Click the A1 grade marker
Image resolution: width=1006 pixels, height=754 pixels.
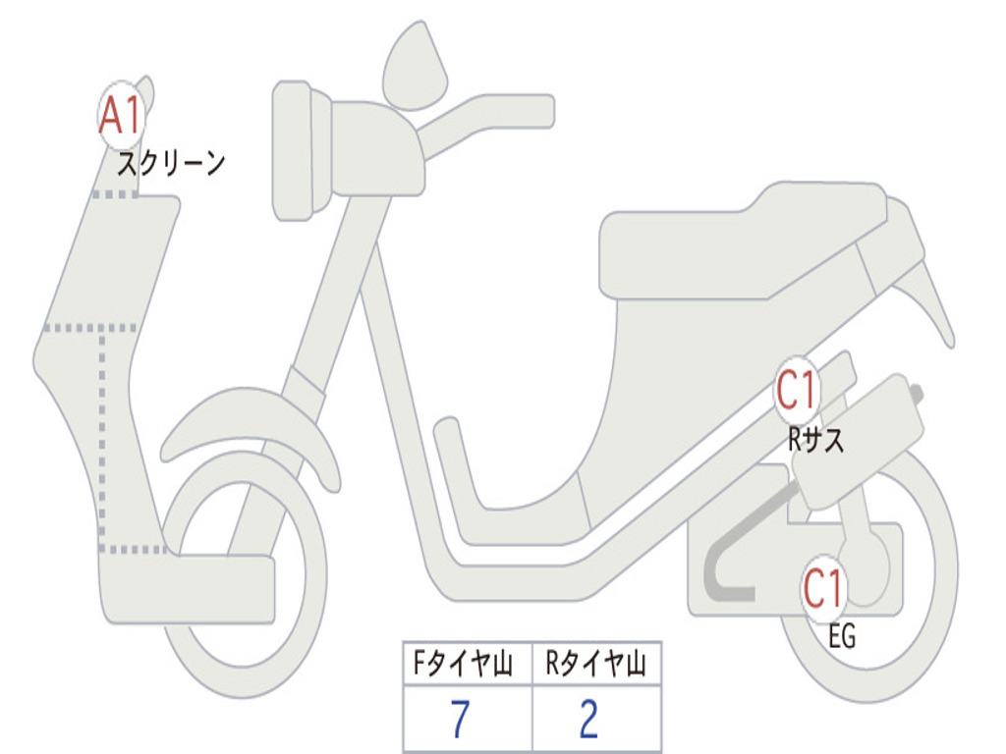(122, 116)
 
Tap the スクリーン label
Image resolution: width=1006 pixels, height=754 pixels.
(171, 163)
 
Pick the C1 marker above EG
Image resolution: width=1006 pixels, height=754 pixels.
(823, 589)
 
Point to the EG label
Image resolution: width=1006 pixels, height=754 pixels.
(842, 637)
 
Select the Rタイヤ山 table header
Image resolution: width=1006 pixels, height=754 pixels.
(596, 666)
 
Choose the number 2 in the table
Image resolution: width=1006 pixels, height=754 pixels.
(589, 721)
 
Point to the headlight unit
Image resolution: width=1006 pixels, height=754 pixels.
(300, 149)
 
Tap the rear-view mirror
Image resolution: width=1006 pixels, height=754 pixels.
(414, 67)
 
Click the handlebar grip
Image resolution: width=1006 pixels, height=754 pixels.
(511, 110)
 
